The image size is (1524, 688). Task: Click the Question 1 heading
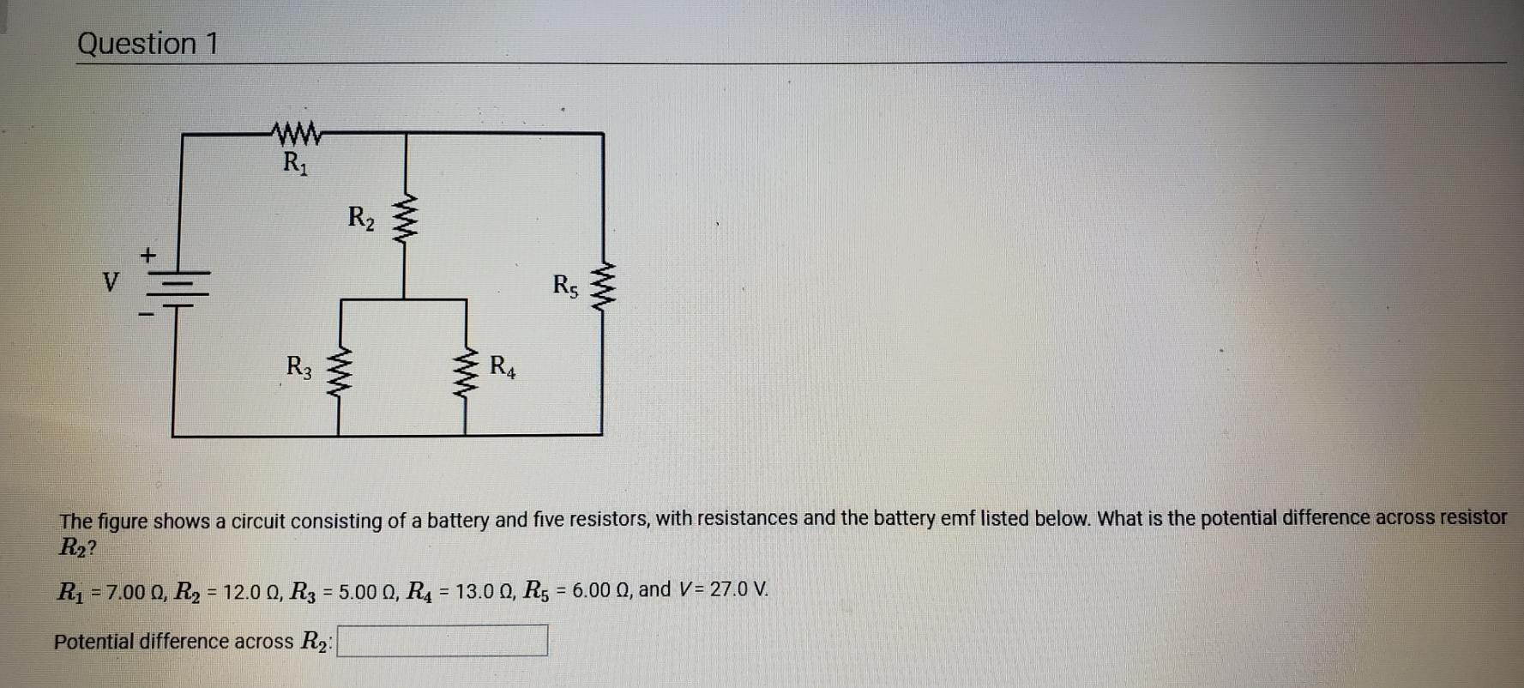148,43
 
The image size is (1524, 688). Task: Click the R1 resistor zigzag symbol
296,133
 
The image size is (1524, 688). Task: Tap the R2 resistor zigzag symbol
405,220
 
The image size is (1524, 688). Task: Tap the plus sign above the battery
148,255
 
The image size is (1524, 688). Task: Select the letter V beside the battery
110,281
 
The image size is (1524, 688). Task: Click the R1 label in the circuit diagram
295,162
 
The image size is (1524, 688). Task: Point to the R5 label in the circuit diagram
565,285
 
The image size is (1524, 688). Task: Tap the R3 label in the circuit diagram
298,367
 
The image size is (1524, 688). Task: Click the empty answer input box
443,640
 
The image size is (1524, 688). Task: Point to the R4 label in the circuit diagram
503,367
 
